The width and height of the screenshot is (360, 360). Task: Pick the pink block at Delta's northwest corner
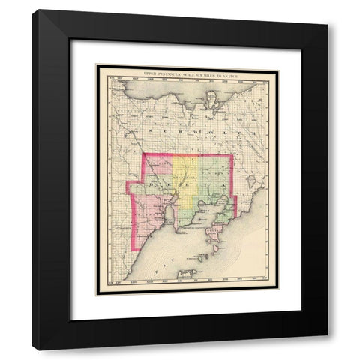pyautogui.click(x=158, y=165)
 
